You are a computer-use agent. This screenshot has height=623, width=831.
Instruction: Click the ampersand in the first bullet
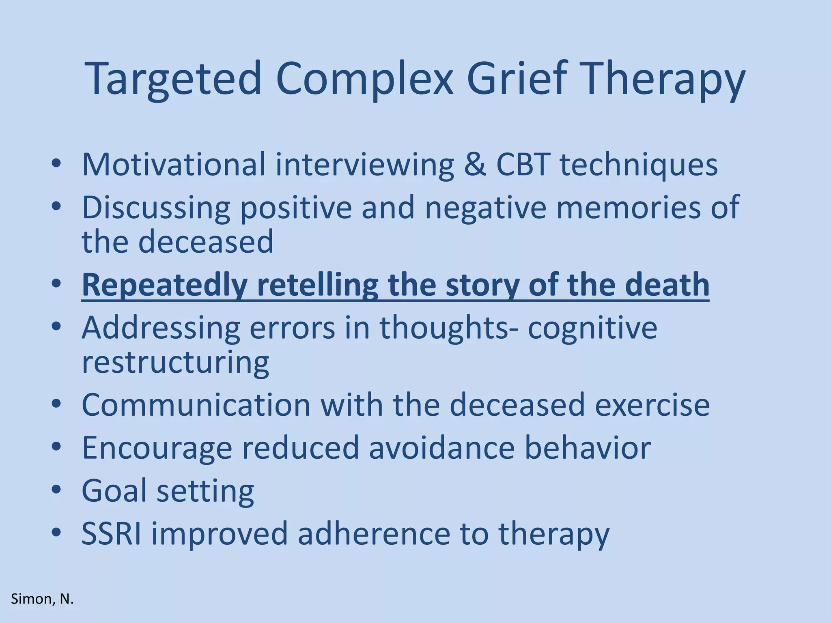[x=474, y=164]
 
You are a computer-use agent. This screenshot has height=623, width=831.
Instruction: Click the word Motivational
[x=173, y=164]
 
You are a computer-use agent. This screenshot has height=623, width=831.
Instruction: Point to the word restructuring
[x=175, y=362]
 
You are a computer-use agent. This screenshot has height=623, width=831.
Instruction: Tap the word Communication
[x=196, y=405]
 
